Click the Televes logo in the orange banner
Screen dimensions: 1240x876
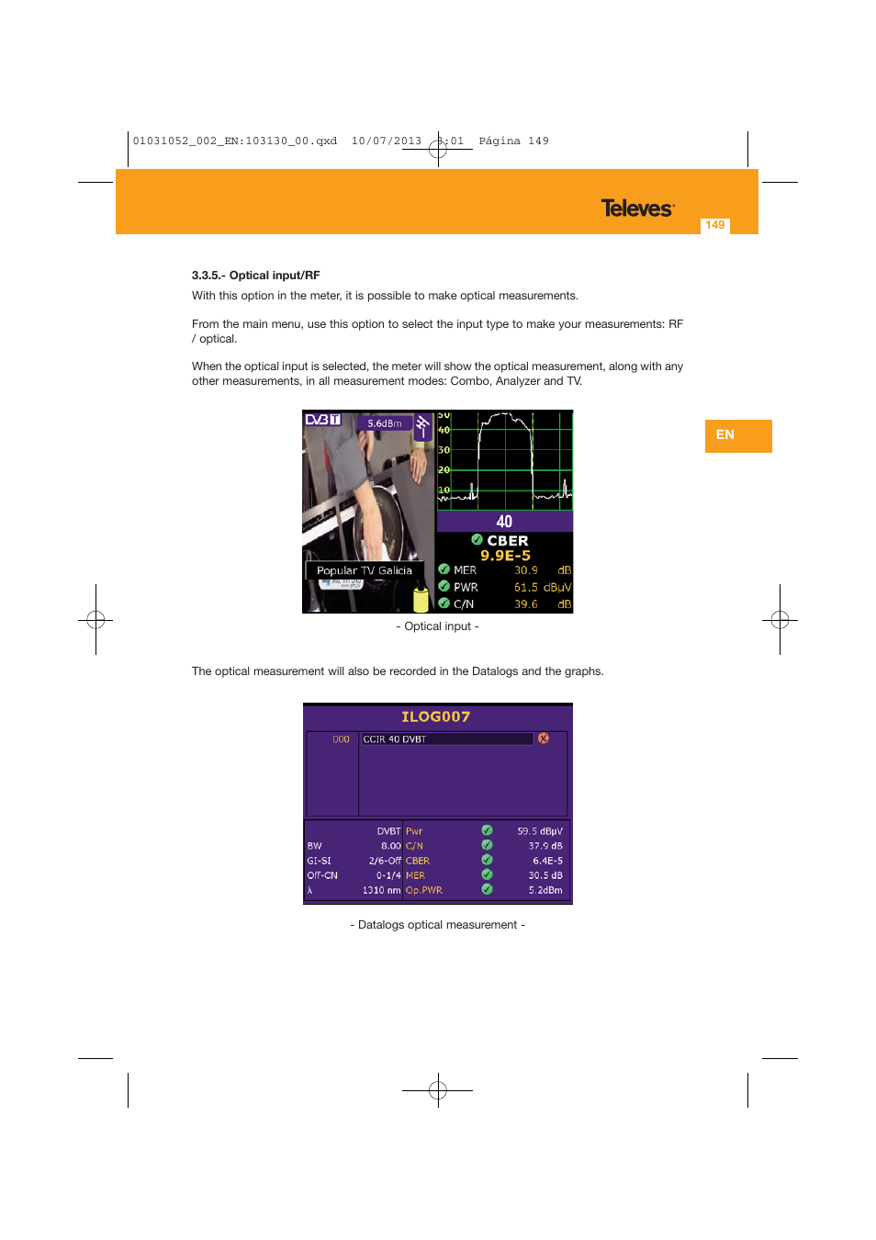point(637,209)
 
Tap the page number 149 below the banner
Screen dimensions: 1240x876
point(715,225)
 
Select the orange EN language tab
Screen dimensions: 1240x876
point(737,435)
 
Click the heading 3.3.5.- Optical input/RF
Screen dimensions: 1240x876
point(255,276)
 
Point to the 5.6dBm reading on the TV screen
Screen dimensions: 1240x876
point(385,423)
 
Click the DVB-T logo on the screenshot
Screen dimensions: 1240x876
point(322,420)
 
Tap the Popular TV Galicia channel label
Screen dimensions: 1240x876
point(364,570)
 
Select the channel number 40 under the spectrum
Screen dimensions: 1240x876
point(504,522)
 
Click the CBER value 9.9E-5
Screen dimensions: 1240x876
point(505,556)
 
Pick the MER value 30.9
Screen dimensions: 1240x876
point(526,570)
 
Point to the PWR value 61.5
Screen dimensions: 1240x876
point(526,587)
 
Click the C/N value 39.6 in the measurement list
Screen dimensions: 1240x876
point(526,604)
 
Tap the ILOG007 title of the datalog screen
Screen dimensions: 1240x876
point(436,716)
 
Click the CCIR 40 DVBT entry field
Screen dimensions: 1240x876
point(446,739)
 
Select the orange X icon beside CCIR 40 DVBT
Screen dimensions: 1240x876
point(544,738)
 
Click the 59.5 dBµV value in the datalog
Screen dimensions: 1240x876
point(540,831)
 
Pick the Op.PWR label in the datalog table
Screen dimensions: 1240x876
point(424,890)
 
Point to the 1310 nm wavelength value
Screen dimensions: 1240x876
point(381,890)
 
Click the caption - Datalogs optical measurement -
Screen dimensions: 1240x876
point(438,925)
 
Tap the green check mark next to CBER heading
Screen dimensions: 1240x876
point(477,540)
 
